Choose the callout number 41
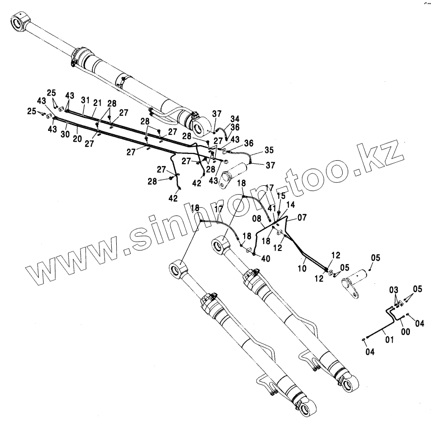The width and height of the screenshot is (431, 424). pyautogui.click(x=271, y=208)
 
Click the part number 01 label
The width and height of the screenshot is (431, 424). pyautogui.click(x=388, y=338)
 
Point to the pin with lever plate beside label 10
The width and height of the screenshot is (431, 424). pyautogui.click(x=356, y=283)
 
